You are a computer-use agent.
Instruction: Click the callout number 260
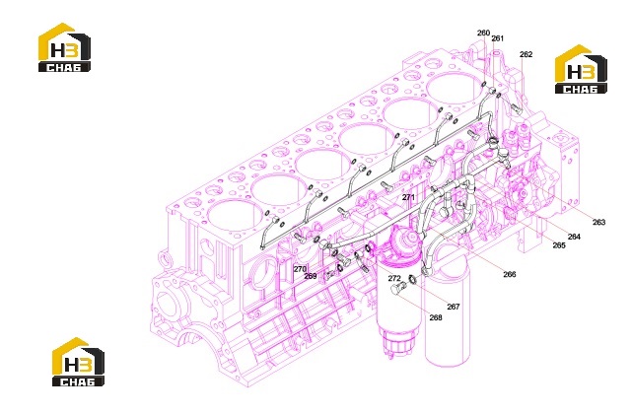(483, 33)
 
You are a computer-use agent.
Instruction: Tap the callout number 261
(497, 38)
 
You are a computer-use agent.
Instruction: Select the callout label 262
(526, 54)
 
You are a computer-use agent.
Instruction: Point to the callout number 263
(598, 222)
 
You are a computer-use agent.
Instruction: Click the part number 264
(574, 237)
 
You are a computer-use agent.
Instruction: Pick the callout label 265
(559, 245)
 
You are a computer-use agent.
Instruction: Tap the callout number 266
(509, 274)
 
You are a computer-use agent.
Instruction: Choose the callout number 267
(454, 307)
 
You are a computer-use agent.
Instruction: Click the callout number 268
(436, 317)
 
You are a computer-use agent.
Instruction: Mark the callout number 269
(311, 276)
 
